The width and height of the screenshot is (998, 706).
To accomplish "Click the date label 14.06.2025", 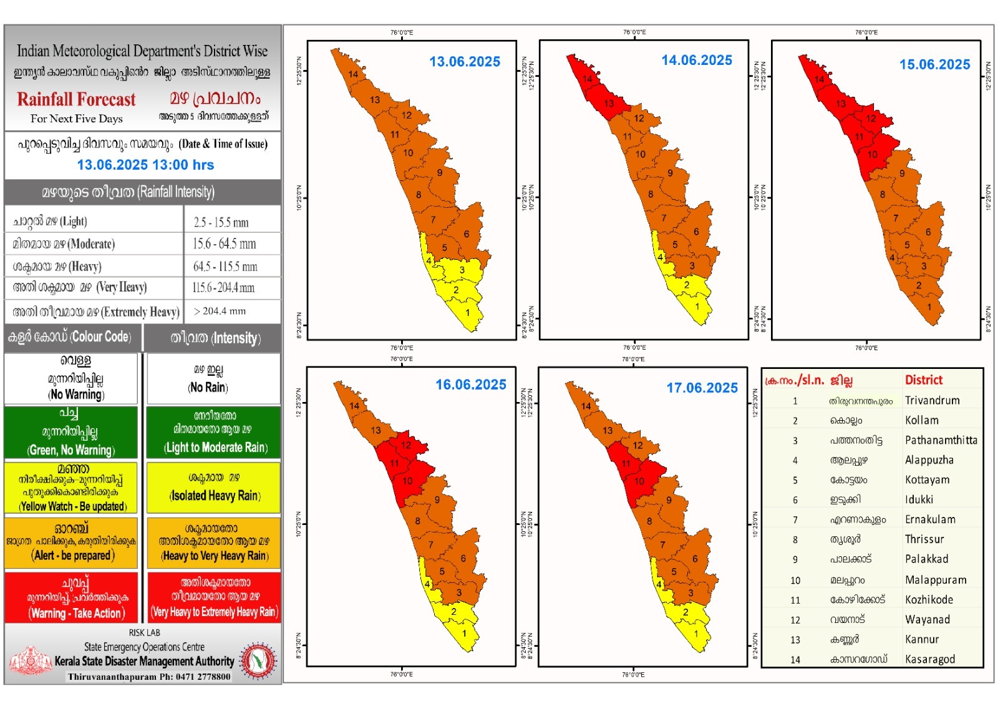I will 697,61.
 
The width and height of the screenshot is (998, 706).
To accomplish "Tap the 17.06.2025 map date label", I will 702,388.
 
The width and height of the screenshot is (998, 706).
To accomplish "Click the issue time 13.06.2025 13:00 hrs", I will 145,165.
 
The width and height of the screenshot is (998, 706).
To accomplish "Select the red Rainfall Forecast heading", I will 76,100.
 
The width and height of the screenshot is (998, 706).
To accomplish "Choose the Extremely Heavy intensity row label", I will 96,311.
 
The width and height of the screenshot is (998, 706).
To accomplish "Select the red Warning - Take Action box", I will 71,598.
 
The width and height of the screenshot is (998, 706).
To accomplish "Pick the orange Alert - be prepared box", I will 71,542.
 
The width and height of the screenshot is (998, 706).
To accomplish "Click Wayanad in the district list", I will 928,620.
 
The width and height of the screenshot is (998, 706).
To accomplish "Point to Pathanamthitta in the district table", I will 941,440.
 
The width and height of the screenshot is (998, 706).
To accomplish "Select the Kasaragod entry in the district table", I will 929,660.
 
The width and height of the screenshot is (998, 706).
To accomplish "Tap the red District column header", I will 924,380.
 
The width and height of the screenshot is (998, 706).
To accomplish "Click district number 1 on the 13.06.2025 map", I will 467,313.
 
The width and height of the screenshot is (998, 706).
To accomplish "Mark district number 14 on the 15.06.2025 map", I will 819,79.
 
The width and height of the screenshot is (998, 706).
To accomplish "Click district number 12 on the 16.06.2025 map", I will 406,445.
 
